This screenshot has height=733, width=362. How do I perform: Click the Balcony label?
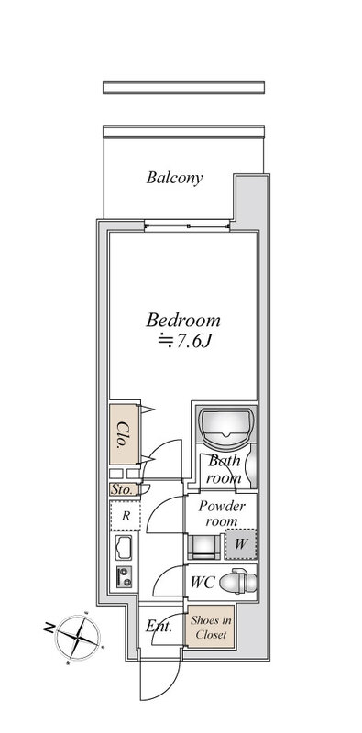[174, 178]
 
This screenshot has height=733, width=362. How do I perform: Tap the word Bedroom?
[183, 321]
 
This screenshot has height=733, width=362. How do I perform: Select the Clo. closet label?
[123, 434]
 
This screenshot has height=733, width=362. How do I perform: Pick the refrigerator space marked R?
[126, 516]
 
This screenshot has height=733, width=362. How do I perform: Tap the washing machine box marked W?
[240, 544]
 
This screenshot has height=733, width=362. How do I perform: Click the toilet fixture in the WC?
[237, 582]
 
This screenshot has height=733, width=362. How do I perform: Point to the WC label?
[202, 583]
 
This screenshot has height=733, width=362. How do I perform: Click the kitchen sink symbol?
[124, 548]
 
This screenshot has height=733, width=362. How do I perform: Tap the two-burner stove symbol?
[124, 577]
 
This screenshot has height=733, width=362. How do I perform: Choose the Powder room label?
[221, 513]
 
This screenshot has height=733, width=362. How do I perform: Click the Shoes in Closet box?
[211, 627]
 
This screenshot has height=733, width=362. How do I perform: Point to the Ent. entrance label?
[159, 627]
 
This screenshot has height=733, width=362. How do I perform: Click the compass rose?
[78, 638]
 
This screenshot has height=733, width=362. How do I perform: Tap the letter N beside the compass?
[49, 629]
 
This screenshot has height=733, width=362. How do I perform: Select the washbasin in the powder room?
[203, 547]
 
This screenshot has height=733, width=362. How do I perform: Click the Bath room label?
[225, 469]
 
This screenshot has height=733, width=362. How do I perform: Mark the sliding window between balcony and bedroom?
[187, 226]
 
